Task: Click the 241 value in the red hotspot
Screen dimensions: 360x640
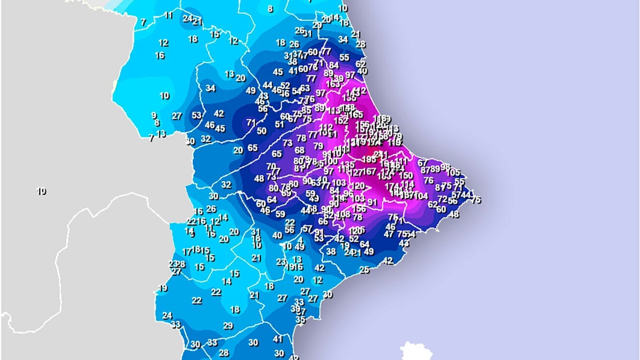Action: click(x=381, y=155)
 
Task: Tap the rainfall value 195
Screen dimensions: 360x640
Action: click(x=369, y=159)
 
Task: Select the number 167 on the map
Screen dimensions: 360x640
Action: click(x=369, y=172)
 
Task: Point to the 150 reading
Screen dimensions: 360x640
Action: click(x=406, y=175)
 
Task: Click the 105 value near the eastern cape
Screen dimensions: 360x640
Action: click(x=453, y=172)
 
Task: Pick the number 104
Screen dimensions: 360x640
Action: click(x=421, y=196)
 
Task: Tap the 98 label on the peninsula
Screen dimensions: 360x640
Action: click(x=445, y=167)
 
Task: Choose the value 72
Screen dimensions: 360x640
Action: click(x=442, y=199)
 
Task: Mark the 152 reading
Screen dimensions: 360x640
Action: click(x=341, y=120)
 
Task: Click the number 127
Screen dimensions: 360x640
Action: click(x=356, y=172)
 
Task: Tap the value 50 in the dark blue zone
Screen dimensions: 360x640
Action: click(x=262, y=131)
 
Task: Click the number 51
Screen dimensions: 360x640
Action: click(x=280, y=124)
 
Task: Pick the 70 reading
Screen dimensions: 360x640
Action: click(x=271, y=166)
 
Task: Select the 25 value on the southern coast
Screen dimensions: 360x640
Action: click(x=365, y=270)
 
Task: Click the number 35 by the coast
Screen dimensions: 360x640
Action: click(x=301, y=320)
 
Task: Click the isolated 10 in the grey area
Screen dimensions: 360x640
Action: click(x=41, y=191)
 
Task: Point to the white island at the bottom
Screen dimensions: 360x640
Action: click(x=414, y=351)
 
